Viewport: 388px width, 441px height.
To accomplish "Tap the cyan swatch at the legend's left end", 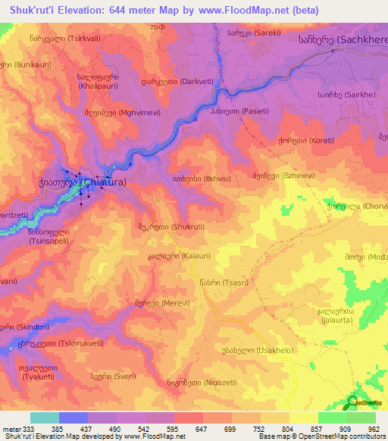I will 45,418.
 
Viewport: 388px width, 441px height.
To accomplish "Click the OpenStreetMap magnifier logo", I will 352,403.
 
